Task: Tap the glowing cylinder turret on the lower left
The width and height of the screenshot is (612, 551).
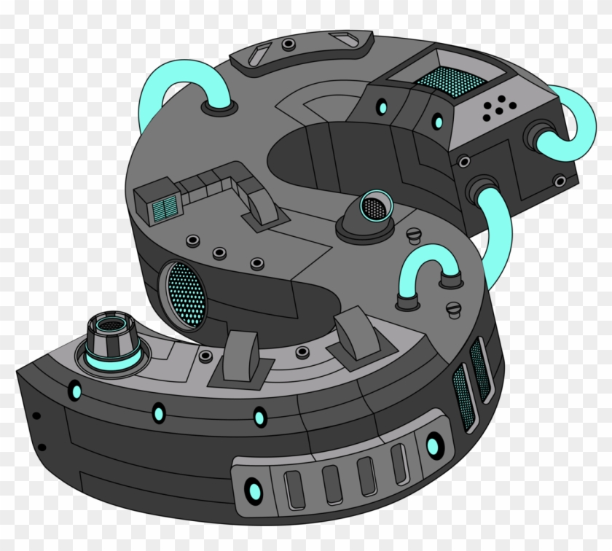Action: coord(111,343)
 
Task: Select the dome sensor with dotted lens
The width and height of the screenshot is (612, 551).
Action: coord(374,211)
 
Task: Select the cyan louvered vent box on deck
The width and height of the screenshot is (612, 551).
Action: coord(165,206)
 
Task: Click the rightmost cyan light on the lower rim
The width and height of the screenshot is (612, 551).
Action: coord(433,445)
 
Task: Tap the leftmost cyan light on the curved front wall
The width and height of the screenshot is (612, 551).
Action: coord(76,392)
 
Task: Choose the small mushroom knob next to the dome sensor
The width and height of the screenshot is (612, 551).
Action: coord(414,235)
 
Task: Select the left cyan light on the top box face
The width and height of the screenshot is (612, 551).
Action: coord(382,108)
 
